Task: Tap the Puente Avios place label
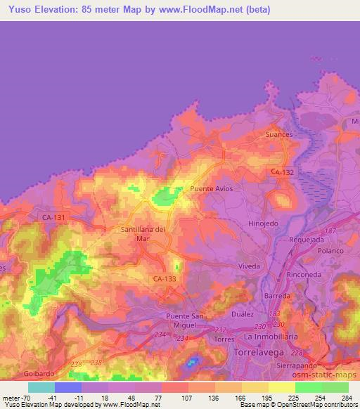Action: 211,190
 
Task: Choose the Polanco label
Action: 330,251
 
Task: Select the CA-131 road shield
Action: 53,218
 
